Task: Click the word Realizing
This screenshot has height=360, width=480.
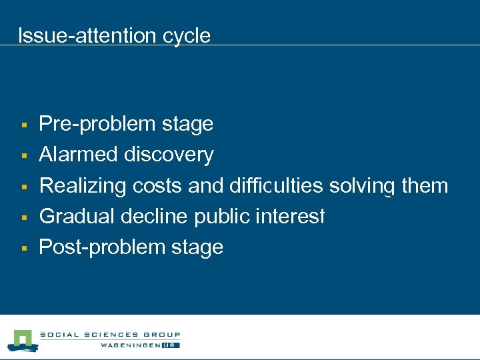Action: coord(83,185)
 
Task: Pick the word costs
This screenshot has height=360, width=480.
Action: coord(157,185)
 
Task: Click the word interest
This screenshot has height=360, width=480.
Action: coord(292,216)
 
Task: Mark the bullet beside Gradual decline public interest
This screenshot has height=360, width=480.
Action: coord(23,217)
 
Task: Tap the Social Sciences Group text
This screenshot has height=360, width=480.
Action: coord(110,335)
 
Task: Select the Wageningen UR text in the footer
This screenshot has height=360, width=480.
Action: coord(140,345)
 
